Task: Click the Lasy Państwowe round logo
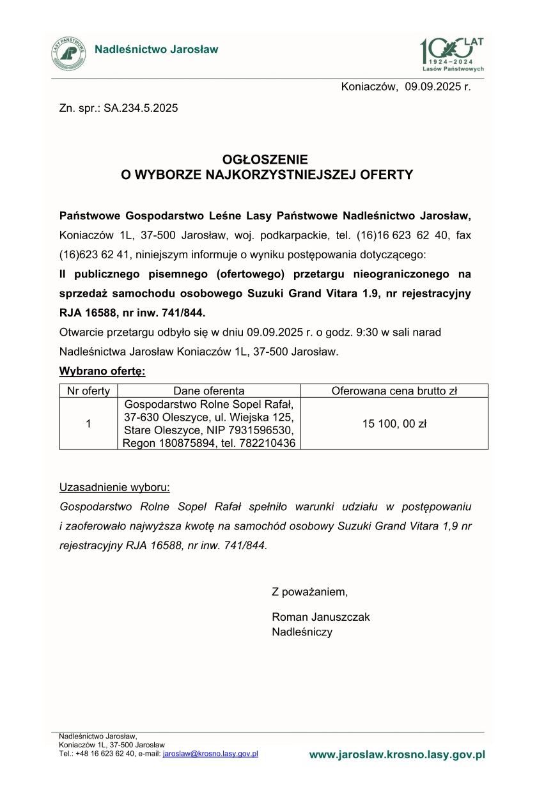pyautogui.click(x=70, y=54)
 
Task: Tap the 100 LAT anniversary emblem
pyautogui.click(x=451, y=54)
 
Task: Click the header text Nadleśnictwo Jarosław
pyautogui.click(x=157, y=49)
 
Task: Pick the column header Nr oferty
pyautogui.click(x=88, y=391)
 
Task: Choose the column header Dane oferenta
pyautogui.click(x=209, y=391)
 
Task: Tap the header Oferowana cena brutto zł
pyautogui.click(x=394, y=391)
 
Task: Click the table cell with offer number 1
pyautogui.click(x=88, y=423)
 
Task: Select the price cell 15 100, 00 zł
pyautogui.click(x=394, y=423)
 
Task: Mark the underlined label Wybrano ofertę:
pyautogui.click(x=102, y=371)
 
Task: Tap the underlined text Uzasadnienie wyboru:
pyautogui.click(x=114, y=487)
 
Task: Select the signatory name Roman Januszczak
pyautogui.click(x=321, y=618)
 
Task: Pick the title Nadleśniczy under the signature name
pyautogui.click(x=302, y=632)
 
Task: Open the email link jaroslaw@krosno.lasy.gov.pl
pyautogui.click(x=210, y=754)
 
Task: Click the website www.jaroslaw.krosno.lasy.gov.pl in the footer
pyautogui.click(x=397, y=755)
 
